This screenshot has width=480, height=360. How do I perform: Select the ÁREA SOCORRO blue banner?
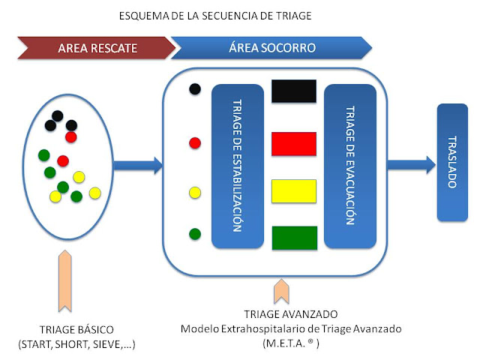(x=271, y=48)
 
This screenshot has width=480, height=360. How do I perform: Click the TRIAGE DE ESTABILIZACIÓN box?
(x=237, y=166)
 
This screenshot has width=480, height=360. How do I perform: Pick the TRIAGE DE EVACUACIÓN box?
(x=349, y=166)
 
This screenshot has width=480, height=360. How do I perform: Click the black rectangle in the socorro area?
(x=294, y=92)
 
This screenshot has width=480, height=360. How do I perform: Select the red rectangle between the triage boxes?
(x=294, y=142)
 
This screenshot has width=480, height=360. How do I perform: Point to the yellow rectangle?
(x=294, y=190)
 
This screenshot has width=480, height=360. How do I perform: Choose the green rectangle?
(x=294, y=237)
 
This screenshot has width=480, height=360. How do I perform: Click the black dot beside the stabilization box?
(x=195, y=89)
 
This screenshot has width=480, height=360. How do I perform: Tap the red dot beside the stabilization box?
(x=195, y=142)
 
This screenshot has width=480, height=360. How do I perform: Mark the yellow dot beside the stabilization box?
(x=195, y=193)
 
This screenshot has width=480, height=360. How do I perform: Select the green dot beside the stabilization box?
(x=195, y=234)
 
